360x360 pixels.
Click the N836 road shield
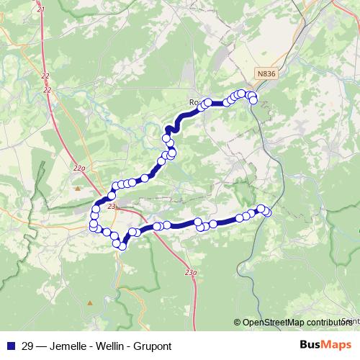[266, 73]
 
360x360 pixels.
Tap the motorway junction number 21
[40, 9]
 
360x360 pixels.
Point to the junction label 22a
[79, 168]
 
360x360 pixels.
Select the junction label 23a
[190, 272]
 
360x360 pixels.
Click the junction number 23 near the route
[112, 207]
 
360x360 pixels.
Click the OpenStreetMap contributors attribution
[296, 322]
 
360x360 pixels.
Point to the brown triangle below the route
[90, 302]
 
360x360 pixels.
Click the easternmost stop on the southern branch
[268, 212]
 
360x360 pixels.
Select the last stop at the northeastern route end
[253, 100]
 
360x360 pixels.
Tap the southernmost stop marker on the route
[122, 246]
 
